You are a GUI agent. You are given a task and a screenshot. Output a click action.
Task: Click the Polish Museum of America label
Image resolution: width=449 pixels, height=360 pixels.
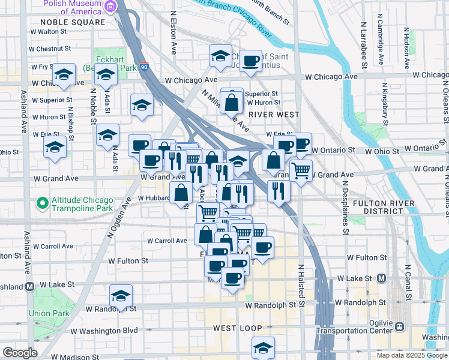pyautogui.click(x=71, y=7)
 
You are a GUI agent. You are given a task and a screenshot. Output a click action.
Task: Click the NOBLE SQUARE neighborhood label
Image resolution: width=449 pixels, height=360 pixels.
pyautogui.click(x=73, y=22)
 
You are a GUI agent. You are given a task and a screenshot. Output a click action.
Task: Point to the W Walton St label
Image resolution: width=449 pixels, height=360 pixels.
pyautogui.click(x=49, y=31)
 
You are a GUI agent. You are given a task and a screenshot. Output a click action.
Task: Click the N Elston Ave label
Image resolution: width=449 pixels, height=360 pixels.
pyautogui.click(x=173, y=32)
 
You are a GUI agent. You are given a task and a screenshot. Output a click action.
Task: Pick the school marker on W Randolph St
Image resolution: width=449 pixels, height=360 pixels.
pyautogui.click(x=121, y=296)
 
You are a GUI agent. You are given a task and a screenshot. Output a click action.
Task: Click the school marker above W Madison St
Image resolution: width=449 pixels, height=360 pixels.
pyautogui.click(x=263, y=347)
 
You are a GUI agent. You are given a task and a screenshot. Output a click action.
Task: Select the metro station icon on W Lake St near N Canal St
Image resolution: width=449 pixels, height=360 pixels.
pyautogui.click(x=381, y=278)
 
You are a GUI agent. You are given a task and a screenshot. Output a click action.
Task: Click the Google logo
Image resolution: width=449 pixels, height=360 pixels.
pyautogui.click(x=20, y=353)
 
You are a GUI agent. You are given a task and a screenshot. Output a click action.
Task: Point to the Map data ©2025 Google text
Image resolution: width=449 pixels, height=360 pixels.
pyautogui.click(x=411, y=355)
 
